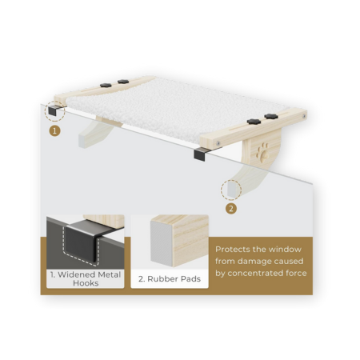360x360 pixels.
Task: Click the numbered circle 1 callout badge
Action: [x=54, y=131]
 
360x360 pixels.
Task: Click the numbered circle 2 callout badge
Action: [x=231, y=209]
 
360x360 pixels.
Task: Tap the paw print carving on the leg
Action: [x=262, y=152]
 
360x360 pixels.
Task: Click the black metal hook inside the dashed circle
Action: [x=54, y=110]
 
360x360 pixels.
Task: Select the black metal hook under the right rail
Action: [x=201, y=154]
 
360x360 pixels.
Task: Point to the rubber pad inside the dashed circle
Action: [x=231, y=189]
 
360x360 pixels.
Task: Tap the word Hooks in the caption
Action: [x=86, y=283]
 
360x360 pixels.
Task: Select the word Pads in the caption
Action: [x=190, y=279]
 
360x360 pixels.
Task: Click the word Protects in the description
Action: [x=233, y=250]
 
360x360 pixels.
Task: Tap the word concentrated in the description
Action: [x=257, y=273]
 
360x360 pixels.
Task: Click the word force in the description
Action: [x=298, y=273]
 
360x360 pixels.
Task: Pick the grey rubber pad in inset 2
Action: [x=162, y=243]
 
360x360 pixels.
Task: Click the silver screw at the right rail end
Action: [x=304, y=116]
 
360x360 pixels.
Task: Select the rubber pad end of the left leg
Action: [x=82, y=142]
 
